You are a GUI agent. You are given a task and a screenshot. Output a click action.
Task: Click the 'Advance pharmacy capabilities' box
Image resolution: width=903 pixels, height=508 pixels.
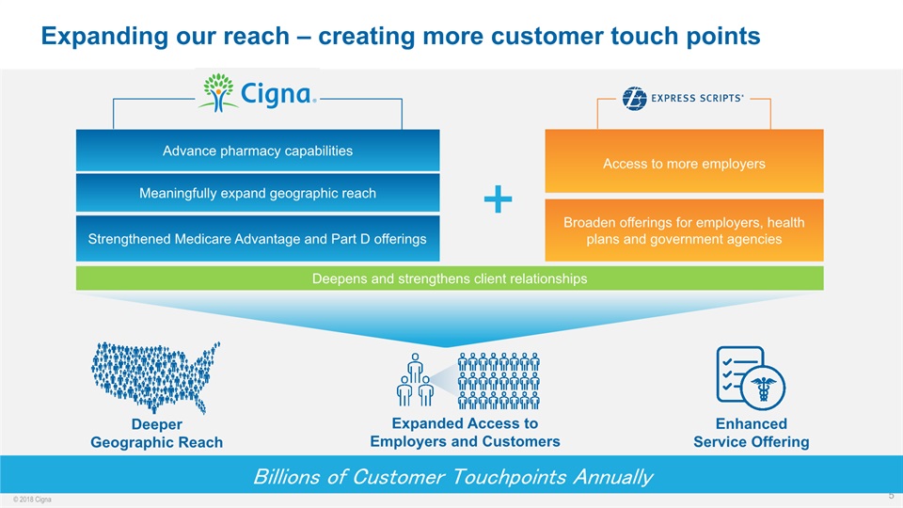point(258,151)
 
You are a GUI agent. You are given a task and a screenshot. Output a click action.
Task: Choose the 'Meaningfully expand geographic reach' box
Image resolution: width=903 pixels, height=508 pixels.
point(258,193)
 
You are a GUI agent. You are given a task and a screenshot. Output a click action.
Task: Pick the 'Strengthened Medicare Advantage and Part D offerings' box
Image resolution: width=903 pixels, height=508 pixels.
point(258,238)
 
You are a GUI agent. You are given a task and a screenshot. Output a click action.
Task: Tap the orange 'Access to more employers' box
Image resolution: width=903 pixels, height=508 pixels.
point(684,163)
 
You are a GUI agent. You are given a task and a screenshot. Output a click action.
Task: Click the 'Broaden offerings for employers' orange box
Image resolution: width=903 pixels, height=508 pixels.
point(684,230)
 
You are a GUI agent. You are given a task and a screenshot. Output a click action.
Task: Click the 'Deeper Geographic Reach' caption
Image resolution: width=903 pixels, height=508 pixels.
point(156,434)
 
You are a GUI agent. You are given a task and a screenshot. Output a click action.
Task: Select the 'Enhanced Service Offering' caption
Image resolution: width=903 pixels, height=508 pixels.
point(751,433)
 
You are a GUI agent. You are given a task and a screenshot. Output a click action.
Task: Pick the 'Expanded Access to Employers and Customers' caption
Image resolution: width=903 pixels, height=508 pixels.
point(465,433)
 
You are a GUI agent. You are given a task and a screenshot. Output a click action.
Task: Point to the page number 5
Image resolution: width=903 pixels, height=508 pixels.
point(891,495)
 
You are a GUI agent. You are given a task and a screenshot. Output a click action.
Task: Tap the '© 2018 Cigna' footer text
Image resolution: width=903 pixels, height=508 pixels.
point(32,499)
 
